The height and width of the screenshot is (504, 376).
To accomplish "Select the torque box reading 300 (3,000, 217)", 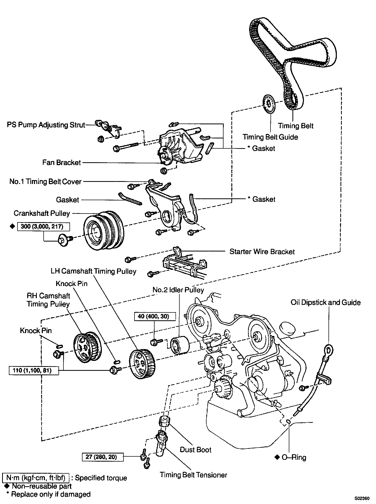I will tap(43, 226).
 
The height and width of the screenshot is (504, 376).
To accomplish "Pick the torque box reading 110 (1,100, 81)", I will tap(34, 371).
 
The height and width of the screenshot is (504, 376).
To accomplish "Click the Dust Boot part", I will tap(164, 421).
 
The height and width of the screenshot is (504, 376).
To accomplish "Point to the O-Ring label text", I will tap(294, 458).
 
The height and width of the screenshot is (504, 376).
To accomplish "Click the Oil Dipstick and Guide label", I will tap(325, 303).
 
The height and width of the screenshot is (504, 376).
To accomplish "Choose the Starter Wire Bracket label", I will tap(262, 252).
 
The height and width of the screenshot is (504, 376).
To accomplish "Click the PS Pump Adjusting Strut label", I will tap(46, 125).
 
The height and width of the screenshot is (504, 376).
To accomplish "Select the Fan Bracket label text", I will tap(62, 163).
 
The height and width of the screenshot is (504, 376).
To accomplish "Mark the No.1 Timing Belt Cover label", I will tap(45, 181).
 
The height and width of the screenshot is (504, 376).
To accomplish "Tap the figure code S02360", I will tap(362, 499).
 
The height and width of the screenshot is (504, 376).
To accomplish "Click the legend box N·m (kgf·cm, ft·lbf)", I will tap(36, 478).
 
